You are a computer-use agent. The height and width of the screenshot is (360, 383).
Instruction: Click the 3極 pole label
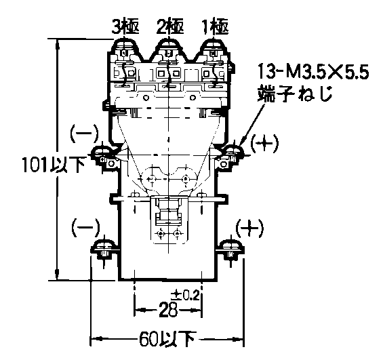pos(125,27)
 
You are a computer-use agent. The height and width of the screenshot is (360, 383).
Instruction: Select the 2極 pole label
pos(170,27)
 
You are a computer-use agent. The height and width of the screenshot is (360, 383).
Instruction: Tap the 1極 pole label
pos(215,27)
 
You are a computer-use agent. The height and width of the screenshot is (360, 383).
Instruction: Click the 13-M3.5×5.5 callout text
pos(313,72)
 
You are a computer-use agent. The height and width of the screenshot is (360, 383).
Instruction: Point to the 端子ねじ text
pos(296,94)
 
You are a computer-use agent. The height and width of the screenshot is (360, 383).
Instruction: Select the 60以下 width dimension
pos(167,339)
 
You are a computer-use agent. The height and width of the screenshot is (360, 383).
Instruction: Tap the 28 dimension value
pos(168,310)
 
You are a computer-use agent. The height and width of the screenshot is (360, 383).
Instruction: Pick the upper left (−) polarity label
pos(85,134)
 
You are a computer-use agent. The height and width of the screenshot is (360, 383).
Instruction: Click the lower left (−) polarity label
pos(85,227)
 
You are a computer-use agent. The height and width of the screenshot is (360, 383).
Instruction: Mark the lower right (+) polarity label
pos(249,228)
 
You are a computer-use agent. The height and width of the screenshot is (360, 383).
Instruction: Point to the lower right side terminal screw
pos(231,249)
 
